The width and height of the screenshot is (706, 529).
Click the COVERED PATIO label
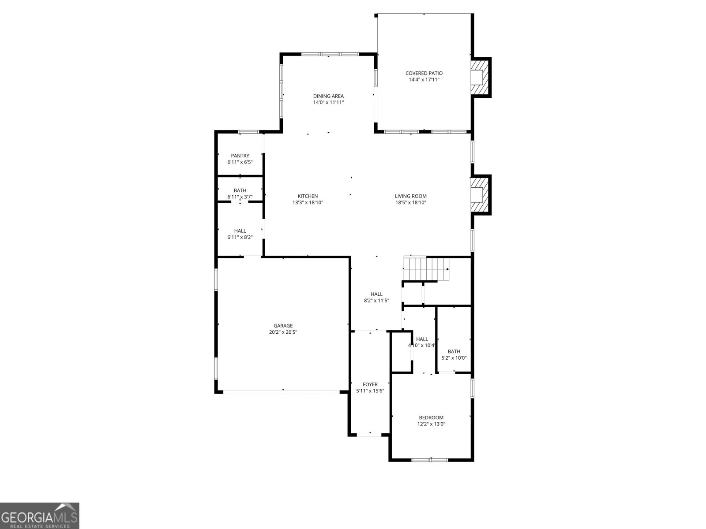[424, 73]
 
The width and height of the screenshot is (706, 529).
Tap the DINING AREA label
[328, 96]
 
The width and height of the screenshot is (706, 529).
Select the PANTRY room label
[240, 156]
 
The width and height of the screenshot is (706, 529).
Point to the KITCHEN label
[308, 196]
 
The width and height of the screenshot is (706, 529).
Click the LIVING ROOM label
[410, 196]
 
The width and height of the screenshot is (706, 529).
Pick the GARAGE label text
[283, 326]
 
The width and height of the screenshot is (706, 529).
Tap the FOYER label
[370, 384]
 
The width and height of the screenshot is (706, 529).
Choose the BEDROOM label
[431, 417]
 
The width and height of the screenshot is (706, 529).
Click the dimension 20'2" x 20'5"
[283, 332]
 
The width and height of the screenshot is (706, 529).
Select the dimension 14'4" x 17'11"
[424, 80]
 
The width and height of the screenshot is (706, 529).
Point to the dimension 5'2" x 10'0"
[454, 358]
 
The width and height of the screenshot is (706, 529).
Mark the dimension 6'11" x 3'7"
[240, 197]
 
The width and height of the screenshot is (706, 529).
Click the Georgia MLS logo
[40, 515]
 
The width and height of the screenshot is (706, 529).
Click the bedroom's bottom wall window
[429, 460]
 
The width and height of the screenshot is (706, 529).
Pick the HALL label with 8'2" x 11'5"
[376, 294]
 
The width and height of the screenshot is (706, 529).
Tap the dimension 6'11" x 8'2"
[240, 237]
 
